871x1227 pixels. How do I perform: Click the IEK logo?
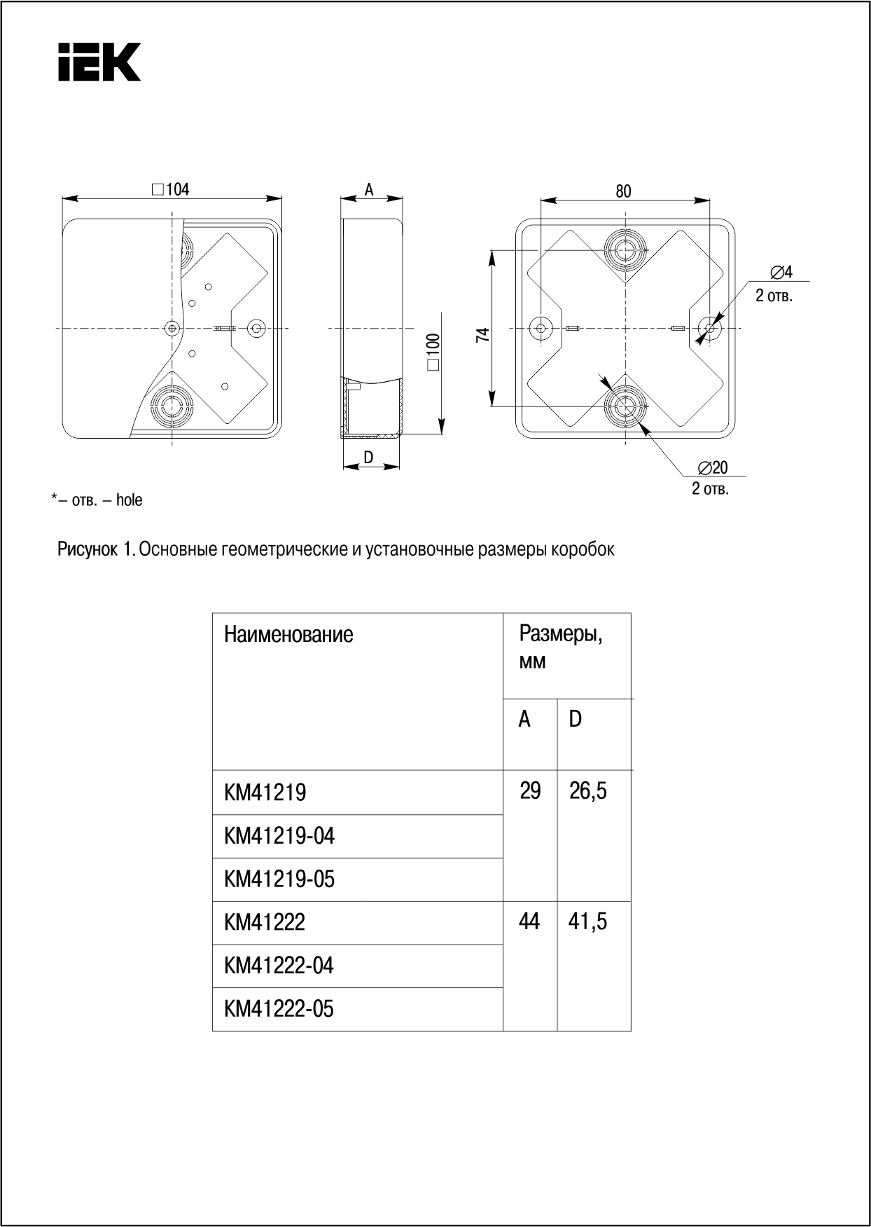pyautogui.click(x=99, y=62)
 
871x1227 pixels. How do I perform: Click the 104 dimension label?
pyautogui.click(x=176, y=189)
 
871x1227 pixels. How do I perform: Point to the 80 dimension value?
pyautogui.click(x=623, y=191)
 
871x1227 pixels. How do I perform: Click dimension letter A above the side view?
pyautogui.click(x=369, y=189)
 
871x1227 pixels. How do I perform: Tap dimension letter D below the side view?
pyautogui.click(x=368, y=458)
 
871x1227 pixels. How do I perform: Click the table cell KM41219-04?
pyautogui.click(x=279, y=836)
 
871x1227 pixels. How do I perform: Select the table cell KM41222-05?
pyautogui.click(x=279, y=1009)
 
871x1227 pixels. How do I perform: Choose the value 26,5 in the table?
pyautogui.click(x=588, y=792)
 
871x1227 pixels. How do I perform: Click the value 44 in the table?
pyautogui.click(x=529, y=921)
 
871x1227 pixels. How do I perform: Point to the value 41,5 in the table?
pyautogui.click(x=587, y=921)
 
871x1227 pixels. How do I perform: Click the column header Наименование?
pyautogui.click(x=288, y=635)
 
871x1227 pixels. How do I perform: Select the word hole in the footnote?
pyautogui.click(x=129, y=500)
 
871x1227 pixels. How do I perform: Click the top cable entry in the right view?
pyautogui.click(x=625, y=249)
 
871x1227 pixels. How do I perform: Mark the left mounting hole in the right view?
pyautogui.click(x=541, y=327)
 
